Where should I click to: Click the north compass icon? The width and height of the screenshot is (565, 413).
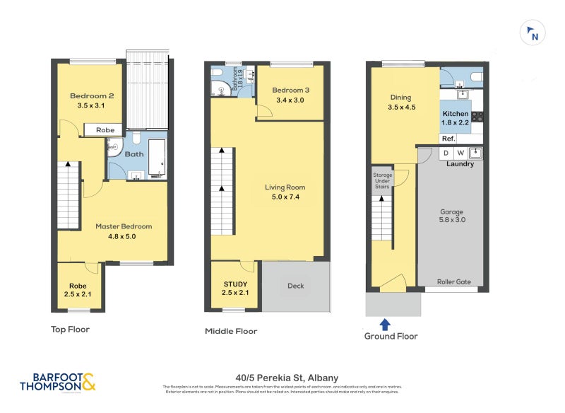coord(533,33)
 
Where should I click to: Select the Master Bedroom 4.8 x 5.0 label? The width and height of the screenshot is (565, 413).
coord(124,231)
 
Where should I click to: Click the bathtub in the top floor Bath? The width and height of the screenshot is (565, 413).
coord(157,156)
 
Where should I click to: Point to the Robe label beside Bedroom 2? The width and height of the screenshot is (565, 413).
coord(105,130)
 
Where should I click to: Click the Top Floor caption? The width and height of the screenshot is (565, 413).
coord(70,329)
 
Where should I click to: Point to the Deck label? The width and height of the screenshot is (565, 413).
coord(295,286)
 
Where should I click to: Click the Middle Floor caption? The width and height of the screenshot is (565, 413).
coord(231,331)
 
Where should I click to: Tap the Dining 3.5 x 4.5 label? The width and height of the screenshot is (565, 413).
coord(400,103)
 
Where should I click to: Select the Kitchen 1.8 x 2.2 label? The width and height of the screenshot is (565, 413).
coord(455,118)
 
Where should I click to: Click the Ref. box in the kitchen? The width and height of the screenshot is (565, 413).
coord(448,139)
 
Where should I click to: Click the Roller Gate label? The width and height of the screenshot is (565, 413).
coord(453,281)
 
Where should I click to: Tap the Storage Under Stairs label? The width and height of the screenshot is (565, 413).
coord(381,181)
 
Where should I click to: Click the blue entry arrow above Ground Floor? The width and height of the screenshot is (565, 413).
coord(385,325)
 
